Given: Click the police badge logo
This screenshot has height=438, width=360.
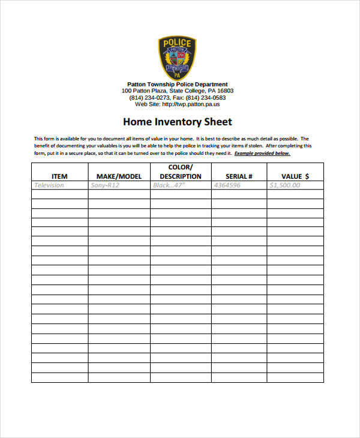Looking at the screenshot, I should click(177, 58).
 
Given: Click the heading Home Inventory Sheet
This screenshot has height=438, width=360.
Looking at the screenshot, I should click(177, 122).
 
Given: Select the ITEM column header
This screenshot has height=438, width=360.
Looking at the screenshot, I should click(59, 176).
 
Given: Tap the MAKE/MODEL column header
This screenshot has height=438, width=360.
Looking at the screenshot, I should click(119, 176).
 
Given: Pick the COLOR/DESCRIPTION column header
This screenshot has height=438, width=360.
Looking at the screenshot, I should click(180, 172).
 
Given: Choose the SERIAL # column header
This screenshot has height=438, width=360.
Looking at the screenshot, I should click(238, 176).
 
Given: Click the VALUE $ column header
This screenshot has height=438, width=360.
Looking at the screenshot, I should click(295, 176).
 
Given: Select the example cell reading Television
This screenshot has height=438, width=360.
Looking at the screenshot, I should click(49, 185).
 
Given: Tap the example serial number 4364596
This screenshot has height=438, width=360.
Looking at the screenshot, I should click(227, 185).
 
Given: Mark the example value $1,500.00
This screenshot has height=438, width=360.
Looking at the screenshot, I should click(286, 185).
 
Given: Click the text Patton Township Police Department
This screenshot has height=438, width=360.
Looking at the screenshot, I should click(177, 84).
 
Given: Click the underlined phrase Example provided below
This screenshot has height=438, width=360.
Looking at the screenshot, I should click(262, 154).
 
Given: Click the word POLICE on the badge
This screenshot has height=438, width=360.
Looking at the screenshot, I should click(177, 43).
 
